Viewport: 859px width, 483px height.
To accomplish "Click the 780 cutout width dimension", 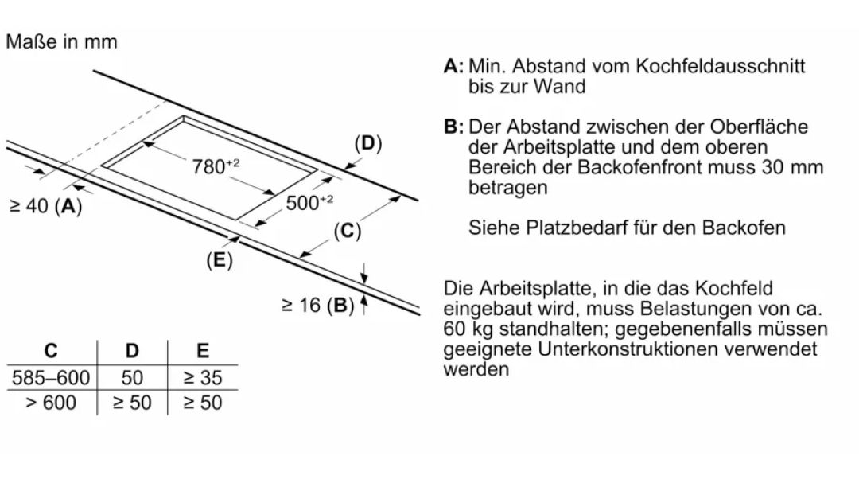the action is click(216, 166).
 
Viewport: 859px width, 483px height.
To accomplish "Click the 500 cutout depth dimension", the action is click(309, 202).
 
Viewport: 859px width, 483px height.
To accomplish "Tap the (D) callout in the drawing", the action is click(367, 144).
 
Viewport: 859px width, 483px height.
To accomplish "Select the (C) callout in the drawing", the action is click(348, 231).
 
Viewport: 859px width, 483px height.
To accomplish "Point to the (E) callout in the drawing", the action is click(220, 260).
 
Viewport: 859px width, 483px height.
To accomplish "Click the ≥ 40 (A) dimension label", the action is click(46, 206).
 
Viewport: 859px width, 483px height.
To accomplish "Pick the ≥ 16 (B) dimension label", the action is click(317, 306).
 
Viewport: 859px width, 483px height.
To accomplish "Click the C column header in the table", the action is click(50, 350).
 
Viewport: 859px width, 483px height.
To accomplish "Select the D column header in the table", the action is click(132, 350).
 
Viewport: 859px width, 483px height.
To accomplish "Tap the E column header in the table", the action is click(203, 350).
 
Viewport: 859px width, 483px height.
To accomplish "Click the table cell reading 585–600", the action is click(51, 378).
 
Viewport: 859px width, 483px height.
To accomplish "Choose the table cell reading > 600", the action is click(51, 403).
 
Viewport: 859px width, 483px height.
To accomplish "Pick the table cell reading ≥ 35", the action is click(203, 378).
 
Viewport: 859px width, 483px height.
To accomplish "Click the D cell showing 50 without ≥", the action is click(132, 378).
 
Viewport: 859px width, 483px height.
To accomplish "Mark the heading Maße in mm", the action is click(61, 41).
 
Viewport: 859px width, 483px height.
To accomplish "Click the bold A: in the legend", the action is click(453, 66).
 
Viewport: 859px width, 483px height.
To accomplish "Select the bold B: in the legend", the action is click(453, 127).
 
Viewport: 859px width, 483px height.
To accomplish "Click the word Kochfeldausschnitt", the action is click(721, 66).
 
